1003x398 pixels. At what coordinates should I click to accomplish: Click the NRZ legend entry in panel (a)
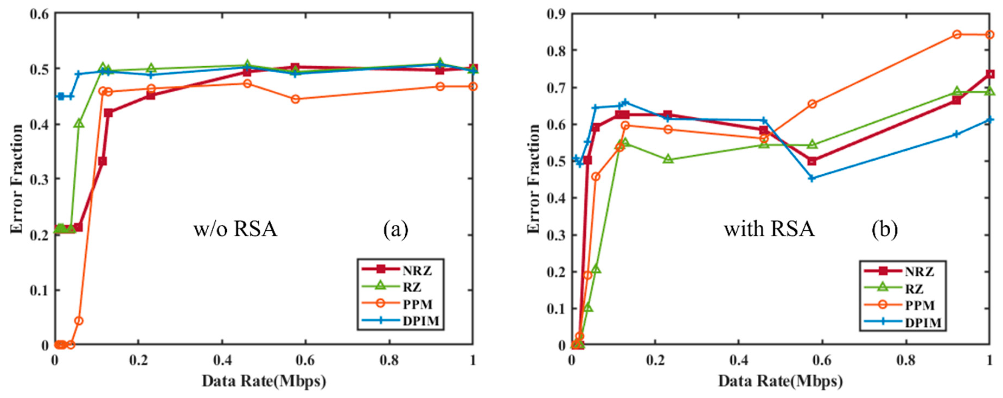click(x=416, y=270)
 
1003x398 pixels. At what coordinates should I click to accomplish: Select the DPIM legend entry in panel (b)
click(x=923, y=323)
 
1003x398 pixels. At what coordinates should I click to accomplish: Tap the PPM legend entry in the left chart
click(x=417, y=304)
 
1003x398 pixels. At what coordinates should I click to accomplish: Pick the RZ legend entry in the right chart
click(x=914, y=288)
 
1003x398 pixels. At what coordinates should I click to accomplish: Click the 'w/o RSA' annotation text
click(x=235, y=229)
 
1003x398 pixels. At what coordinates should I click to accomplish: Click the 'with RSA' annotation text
click(x=769, y=229)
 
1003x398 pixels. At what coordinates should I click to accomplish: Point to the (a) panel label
click(x=395, y=229)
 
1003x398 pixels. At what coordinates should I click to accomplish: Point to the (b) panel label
click(x=884, y=229)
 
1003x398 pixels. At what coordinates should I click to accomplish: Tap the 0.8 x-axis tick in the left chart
click(x=389, y=360)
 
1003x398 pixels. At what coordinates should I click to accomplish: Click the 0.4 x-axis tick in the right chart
click(x=738, y=360)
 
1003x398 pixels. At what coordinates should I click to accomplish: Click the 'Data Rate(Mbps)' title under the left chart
click(x=264, y=381)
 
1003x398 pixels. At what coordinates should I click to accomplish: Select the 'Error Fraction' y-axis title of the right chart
click(x=534, y=179)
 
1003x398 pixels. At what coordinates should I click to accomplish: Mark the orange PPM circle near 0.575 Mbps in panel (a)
click(x=295, y=99)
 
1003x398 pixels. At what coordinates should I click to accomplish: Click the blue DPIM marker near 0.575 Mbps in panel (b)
click(x=812, y=178)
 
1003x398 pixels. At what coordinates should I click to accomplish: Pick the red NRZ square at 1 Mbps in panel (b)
click(x=989, y=74)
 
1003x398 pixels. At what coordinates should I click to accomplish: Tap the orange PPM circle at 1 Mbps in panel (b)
click(x=989, y=35)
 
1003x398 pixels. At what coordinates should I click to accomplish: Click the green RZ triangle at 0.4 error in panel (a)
click(x=79, y=123)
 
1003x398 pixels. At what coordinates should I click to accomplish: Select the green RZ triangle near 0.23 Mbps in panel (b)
click(x=668, y=159)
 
